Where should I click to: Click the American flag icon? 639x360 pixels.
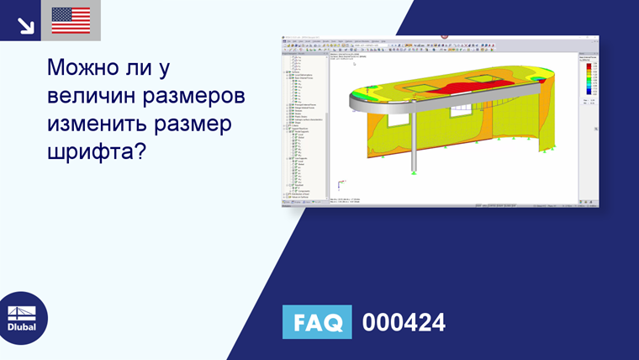[71, 20]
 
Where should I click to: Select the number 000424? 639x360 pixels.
[404, 322]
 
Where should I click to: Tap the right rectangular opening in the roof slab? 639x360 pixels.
[477, 80]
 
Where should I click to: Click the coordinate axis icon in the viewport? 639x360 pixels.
[339, 184]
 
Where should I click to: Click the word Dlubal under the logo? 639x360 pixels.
[23, 327]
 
